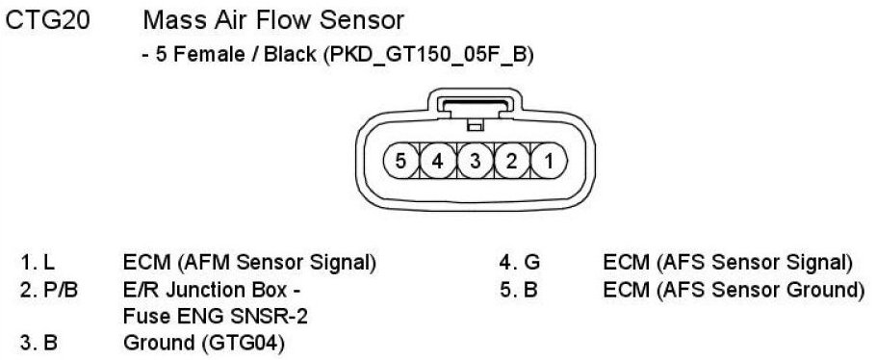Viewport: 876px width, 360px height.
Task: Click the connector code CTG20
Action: (47, 21)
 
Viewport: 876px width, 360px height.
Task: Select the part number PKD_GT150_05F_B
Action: (425, 55)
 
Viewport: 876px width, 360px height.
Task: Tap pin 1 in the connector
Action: (549, 161)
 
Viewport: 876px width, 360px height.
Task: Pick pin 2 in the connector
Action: (512, 161)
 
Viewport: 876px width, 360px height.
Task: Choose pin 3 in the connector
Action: (475, 161)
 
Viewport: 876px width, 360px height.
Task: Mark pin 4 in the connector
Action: (437, 161)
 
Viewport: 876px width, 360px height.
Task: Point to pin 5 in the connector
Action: (400, 161)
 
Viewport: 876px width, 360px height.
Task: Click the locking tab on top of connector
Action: (475, 106)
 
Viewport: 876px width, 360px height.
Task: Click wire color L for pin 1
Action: (50, 263)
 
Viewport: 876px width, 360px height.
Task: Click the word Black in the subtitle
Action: (290, 55)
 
